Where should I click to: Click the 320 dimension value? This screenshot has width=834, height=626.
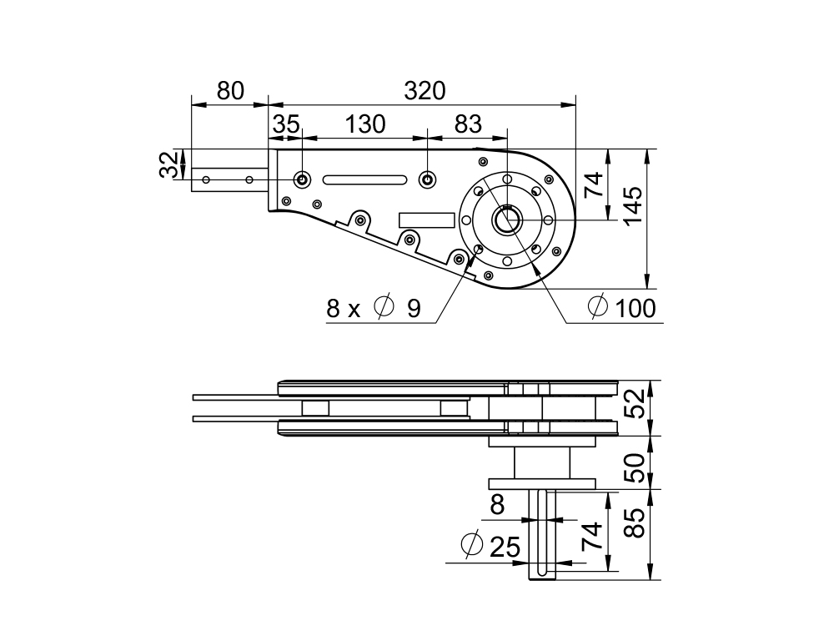[x=425, y=91]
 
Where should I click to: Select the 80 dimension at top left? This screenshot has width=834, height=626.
[x=231, y=91]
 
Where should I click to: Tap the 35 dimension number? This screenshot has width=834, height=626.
[x=286, y=124]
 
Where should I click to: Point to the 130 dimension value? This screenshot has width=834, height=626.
[x=365, y=124]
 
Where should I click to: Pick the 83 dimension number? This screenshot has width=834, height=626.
[x=468, y=124]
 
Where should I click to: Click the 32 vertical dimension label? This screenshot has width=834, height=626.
[x=170, y=164]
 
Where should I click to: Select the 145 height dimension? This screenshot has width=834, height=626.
[x=633, y=205]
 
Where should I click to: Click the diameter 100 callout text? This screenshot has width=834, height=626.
[x=622, y=308]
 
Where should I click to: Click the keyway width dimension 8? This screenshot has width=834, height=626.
[x=498, y=504]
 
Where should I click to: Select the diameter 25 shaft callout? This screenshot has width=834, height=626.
[x=491, y=547]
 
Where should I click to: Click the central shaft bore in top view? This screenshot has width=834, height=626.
[x=505, y=220]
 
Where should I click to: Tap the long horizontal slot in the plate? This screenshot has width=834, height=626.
[x=364, y=179]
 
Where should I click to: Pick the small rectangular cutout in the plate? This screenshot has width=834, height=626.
[x=426, y=220]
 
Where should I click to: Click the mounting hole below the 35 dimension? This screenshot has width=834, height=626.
[x=302, y=179]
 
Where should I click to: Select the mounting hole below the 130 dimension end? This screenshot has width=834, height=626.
[x=427, y=179]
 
